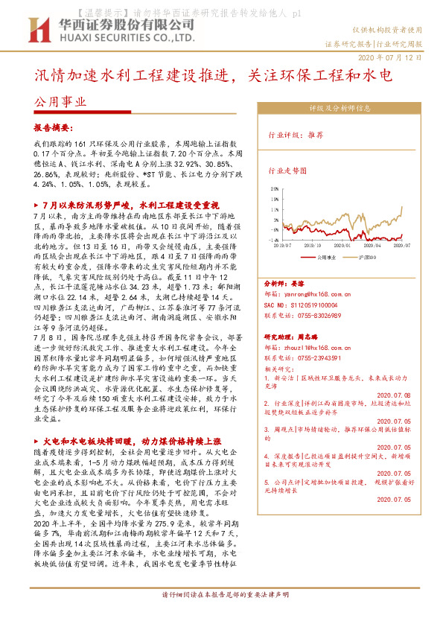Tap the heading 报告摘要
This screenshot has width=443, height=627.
[54, 128]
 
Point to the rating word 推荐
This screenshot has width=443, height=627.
[315, 136]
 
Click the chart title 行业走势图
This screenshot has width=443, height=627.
[287, 170]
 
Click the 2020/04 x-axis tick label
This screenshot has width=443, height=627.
[374, 244]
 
